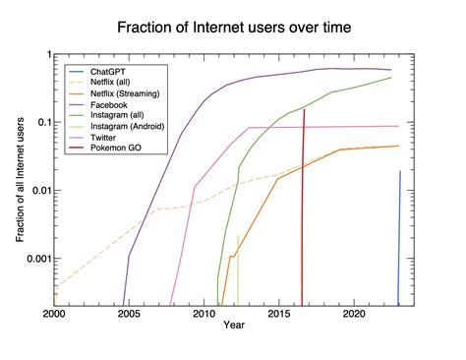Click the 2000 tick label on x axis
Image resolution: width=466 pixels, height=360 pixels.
point(54,315)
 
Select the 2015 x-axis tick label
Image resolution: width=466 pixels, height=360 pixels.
point(279,315)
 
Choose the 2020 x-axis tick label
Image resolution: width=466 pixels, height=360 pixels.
point(354,315)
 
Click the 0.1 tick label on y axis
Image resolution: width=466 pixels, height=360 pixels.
point(41,122)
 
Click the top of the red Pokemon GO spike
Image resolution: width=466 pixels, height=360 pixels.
point(304,110)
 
